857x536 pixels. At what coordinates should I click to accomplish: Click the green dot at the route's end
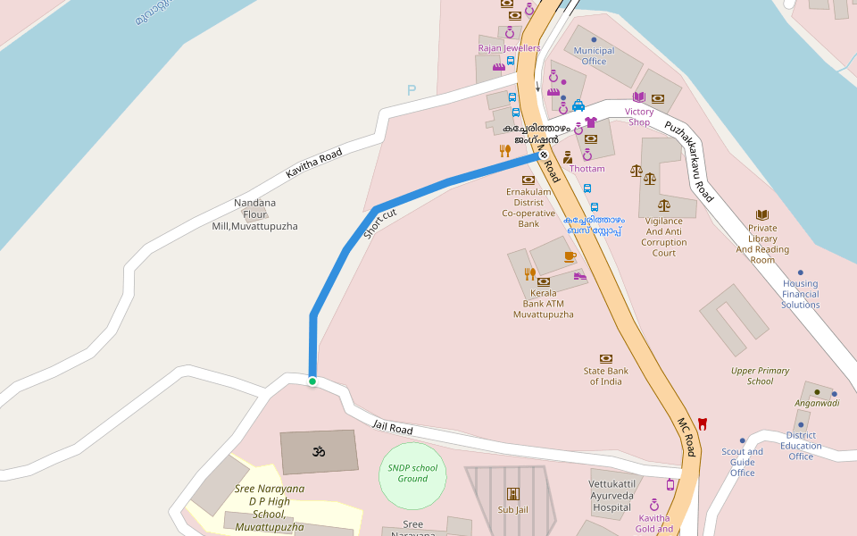coord(312,381)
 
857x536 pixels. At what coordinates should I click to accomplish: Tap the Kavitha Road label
coord(314,163)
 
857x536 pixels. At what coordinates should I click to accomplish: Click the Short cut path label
coord(380,223)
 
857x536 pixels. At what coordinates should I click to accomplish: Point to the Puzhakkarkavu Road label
coord(689,162)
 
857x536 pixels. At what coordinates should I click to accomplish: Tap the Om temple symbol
coord(318,452)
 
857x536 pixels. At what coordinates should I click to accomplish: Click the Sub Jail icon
coord(513,493)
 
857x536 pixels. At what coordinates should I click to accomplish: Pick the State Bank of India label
coord(606,376)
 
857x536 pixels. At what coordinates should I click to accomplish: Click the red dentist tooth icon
coord(703,423)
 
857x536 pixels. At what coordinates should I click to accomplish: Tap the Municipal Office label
coord(594,55)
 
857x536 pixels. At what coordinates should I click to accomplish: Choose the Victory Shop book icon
coord(638,97)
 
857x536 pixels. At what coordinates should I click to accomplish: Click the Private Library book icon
coord(762,215)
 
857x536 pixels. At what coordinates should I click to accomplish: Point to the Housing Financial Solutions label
coord(801,294)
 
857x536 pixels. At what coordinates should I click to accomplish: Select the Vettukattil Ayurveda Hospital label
coord(612,496)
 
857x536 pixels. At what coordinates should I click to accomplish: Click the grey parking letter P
coord(412,90)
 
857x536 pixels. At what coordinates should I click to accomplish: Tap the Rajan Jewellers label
coord(509,48)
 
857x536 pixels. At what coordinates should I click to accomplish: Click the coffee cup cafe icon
coord(570,256)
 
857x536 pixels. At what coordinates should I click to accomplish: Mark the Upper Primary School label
coord(760,376)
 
